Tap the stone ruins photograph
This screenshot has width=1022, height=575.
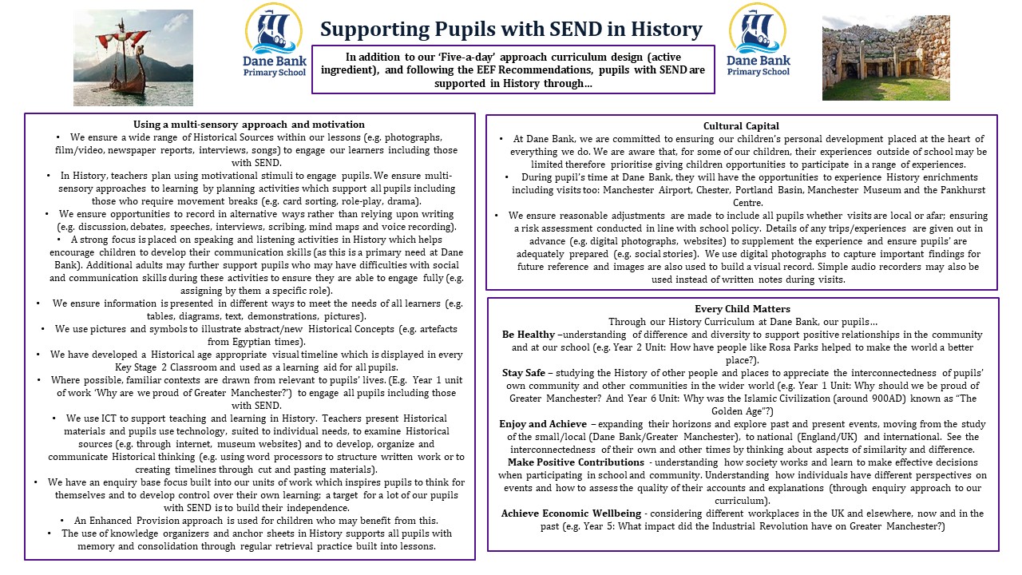pyautogui.click(x=885, y=57)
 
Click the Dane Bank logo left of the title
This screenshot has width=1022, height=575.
pyautogui.click(x=274, y=40)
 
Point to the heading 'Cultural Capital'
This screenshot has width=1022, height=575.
pyautogui.click(x=741, y=126)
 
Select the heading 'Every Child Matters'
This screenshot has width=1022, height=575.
pyautogui.click(x=743, y=309)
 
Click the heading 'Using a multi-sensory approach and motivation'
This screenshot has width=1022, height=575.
pyautogui.click(x=249, y=124)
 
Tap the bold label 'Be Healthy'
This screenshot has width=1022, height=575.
pyautogui.click(x=529, y=335)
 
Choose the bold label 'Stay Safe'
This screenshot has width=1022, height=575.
pyautogui.click(x=524, y=372)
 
